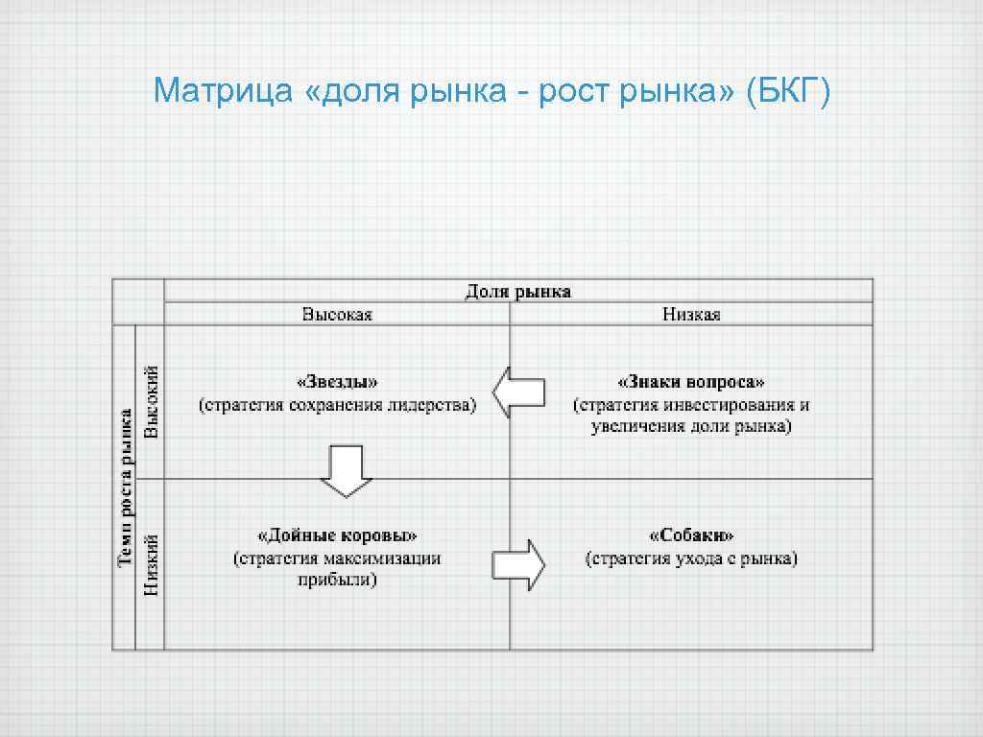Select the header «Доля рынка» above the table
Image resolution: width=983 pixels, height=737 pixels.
[x=518, y=291]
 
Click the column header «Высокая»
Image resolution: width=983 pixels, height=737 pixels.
[x=337, y=315]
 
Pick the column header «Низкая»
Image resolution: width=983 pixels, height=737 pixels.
[x=691, y=315]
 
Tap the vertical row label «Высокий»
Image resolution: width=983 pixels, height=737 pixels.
[x=151, y=402]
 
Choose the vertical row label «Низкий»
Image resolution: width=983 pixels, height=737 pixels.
[x=151, y=566]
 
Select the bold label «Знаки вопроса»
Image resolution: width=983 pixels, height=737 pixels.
[x=691, y=382]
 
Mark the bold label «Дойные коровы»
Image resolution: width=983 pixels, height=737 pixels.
[x=337, y=535]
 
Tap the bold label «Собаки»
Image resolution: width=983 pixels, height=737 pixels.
[x=691, y=535]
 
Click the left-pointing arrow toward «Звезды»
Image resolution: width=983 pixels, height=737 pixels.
[x=518, y=392]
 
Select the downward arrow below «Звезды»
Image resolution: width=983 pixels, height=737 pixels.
[x=346, y=470]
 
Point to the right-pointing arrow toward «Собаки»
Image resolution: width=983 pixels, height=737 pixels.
[x=518, y=564]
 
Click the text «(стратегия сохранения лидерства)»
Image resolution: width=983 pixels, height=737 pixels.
[x=337, y=405]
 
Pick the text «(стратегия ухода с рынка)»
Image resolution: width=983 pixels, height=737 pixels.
[x=691, y=559]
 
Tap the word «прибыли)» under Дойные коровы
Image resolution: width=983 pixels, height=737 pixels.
[x=337, y=581]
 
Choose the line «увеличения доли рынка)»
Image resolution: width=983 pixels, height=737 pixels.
[x=691, y=427]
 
